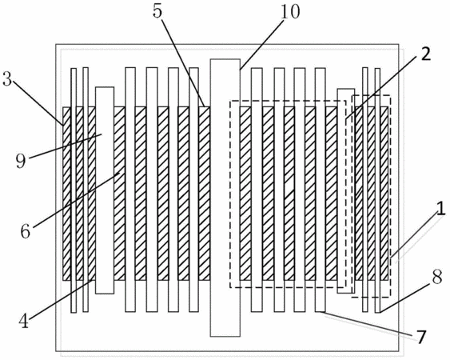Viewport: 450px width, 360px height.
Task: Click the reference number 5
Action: [157, 11]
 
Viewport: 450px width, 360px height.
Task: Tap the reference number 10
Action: [290, 11]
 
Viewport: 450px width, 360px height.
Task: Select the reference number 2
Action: [426, 53]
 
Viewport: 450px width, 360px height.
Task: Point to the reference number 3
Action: [7, 78]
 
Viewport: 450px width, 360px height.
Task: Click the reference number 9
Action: [21, 161]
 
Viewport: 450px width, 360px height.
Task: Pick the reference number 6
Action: [26, 230]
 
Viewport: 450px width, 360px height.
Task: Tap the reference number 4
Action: [24, 321]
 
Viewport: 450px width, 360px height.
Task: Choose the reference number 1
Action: [441, 208]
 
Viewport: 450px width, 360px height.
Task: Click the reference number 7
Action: [420, 337]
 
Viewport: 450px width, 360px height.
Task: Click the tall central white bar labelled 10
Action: [225, 198]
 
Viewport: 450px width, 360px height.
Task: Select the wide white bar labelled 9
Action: [105, 190]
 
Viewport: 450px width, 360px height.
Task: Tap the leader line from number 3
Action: [38, 103]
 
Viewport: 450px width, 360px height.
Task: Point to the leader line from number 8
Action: [405, 298]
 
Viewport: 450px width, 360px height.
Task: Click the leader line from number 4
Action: [61, 300]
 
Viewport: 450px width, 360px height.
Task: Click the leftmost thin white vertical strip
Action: [74, 190]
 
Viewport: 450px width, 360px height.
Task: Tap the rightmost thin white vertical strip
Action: [377, 190]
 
